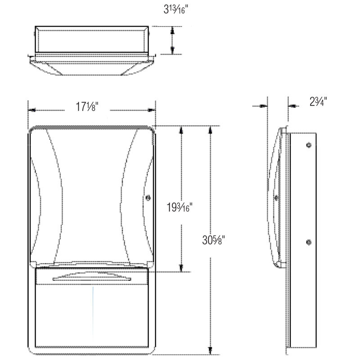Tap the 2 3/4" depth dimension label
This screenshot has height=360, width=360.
318,102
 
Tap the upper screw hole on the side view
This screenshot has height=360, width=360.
308,145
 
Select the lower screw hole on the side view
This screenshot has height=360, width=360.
308,243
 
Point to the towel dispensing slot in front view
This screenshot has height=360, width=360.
92,279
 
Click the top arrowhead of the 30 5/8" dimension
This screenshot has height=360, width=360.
210,130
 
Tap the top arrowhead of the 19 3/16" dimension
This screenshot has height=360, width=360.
181,130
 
